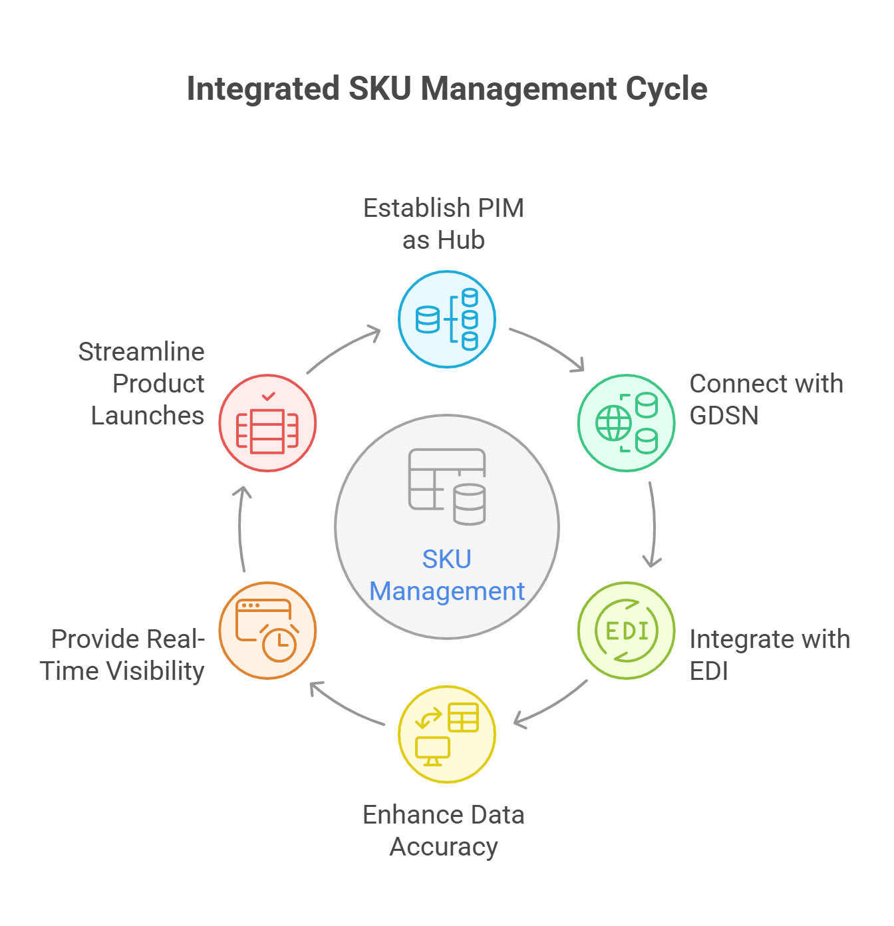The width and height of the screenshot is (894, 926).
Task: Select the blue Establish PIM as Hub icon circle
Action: pos(447,319)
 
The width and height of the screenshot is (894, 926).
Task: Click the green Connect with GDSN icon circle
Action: pos(627,423)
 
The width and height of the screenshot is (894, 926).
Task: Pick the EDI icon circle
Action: pos(627,631)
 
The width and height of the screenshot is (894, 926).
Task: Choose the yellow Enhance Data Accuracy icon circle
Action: pos(447,734)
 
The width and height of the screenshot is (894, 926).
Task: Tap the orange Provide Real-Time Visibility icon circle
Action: pos(267,631)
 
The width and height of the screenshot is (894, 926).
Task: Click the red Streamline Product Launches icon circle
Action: pos(267,423)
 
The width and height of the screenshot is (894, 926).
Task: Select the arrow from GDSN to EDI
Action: pos(653,526)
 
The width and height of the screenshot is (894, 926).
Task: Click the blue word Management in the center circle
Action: pos(447,591)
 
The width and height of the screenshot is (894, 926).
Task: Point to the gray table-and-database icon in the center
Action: pos(447,486)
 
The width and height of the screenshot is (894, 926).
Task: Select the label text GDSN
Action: pos(724,416)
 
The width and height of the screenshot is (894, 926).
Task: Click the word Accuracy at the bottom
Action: pos(444,847)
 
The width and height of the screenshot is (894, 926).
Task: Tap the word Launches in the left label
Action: pos(148,416)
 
